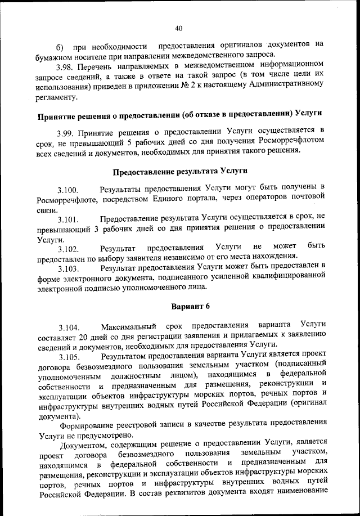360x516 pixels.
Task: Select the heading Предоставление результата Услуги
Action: coord(180,171)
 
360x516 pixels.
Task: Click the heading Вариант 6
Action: coord(180,308)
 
